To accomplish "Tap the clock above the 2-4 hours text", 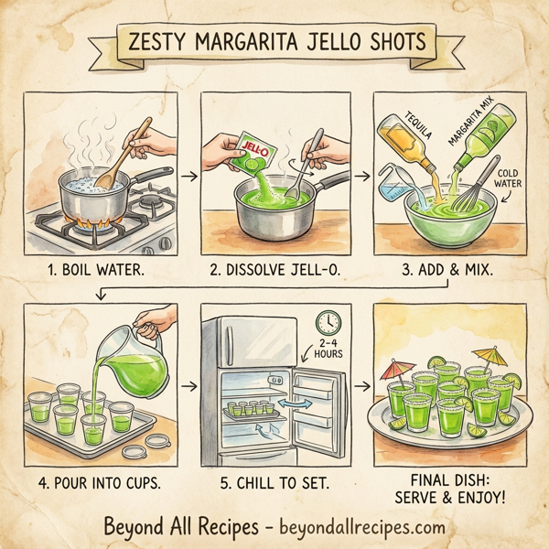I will [328, 322].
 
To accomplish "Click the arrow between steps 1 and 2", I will [187, 172].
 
